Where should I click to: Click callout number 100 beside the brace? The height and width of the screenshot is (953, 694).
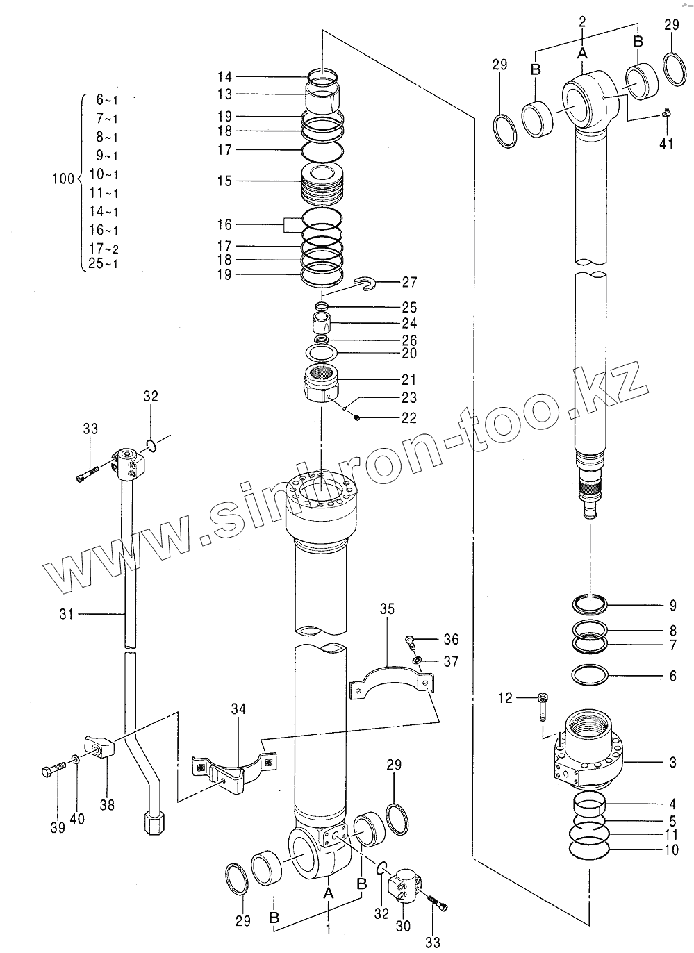63,179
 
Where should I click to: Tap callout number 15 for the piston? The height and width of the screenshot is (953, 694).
224,181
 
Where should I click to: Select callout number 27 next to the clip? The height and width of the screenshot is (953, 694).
409,283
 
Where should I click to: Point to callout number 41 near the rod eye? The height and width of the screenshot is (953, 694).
667,144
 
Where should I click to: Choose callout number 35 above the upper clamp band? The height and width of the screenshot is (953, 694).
387,609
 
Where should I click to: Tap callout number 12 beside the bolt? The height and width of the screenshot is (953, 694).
505,697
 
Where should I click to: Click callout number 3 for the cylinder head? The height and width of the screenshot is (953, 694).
672,763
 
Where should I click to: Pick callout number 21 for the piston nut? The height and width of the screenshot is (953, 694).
409,380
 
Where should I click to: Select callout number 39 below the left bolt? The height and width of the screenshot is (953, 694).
57,827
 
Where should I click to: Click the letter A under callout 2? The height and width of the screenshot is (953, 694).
582,53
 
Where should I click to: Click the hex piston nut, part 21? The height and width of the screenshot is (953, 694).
322,383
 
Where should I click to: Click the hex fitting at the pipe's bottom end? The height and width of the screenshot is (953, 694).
154,824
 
